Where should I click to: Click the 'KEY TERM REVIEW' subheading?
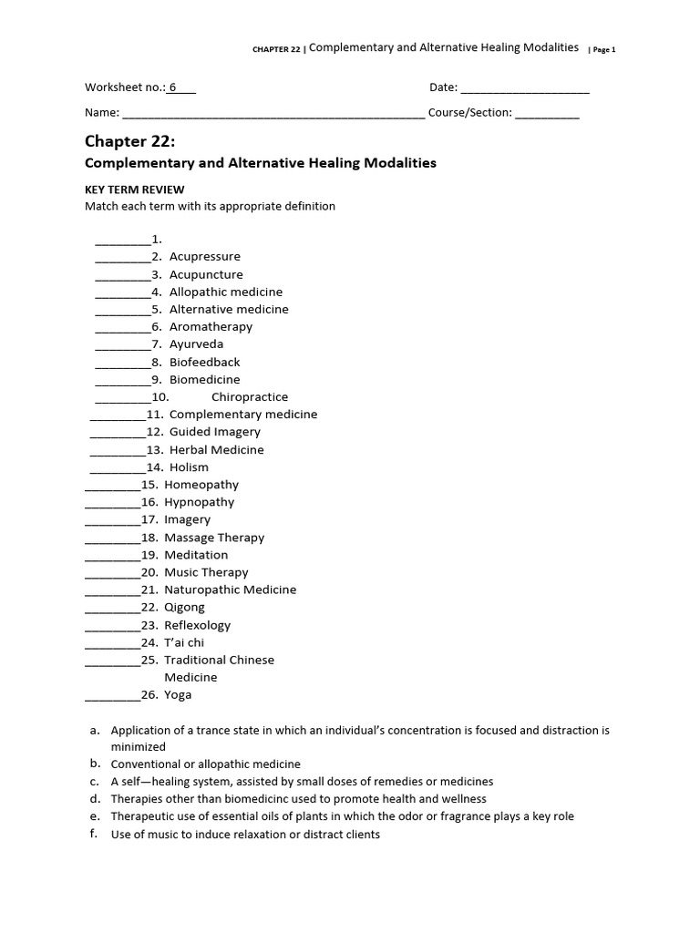pos(134,190)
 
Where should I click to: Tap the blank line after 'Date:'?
pos(525,89)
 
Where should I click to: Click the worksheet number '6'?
pos(173,87)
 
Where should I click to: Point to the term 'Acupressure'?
pos(205,257)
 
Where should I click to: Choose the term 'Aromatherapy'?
pos(211,327)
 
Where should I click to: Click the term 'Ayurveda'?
pos(196,344)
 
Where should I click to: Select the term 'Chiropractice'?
pos(250,397)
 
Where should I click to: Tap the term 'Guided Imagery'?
pos(215,432)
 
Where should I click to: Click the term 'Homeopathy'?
pos(201,485)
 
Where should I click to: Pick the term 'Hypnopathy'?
pos(200,502)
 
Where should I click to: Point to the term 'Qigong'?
pos(185,608)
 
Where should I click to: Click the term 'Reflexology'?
pos(198,625)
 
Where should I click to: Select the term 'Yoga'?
pos(178,695)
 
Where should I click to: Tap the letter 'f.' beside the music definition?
pos(94,833)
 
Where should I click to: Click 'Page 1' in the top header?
pos(604,50)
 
